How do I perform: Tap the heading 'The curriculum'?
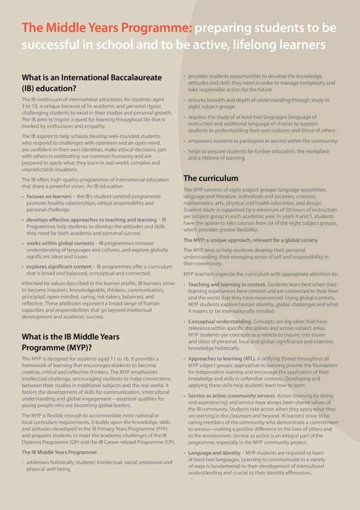tap(211, 178)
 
